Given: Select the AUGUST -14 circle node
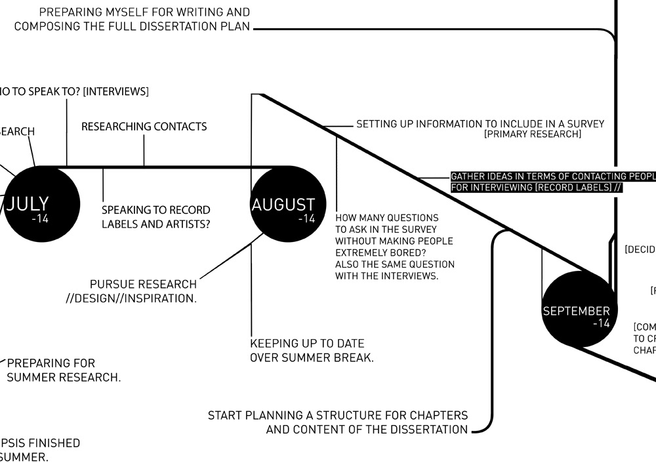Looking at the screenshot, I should point(283,204).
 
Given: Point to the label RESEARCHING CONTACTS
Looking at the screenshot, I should point(144,127).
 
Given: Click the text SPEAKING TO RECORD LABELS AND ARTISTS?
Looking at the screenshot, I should point(156,217).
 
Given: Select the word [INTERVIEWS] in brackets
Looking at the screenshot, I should point(115,91).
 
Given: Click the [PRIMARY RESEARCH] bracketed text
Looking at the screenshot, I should point(532,134).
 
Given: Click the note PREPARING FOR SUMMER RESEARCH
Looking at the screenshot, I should point(64,370).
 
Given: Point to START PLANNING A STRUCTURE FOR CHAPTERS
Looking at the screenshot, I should point(338,415).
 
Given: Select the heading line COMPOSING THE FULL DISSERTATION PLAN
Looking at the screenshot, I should point(132,27).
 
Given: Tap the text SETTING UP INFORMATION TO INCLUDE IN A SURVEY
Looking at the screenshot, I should point(480,123).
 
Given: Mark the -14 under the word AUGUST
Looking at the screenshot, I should point(306,218).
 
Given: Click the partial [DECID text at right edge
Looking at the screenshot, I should point(640,249).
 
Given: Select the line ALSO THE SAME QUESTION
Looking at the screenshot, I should point(394,264).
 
